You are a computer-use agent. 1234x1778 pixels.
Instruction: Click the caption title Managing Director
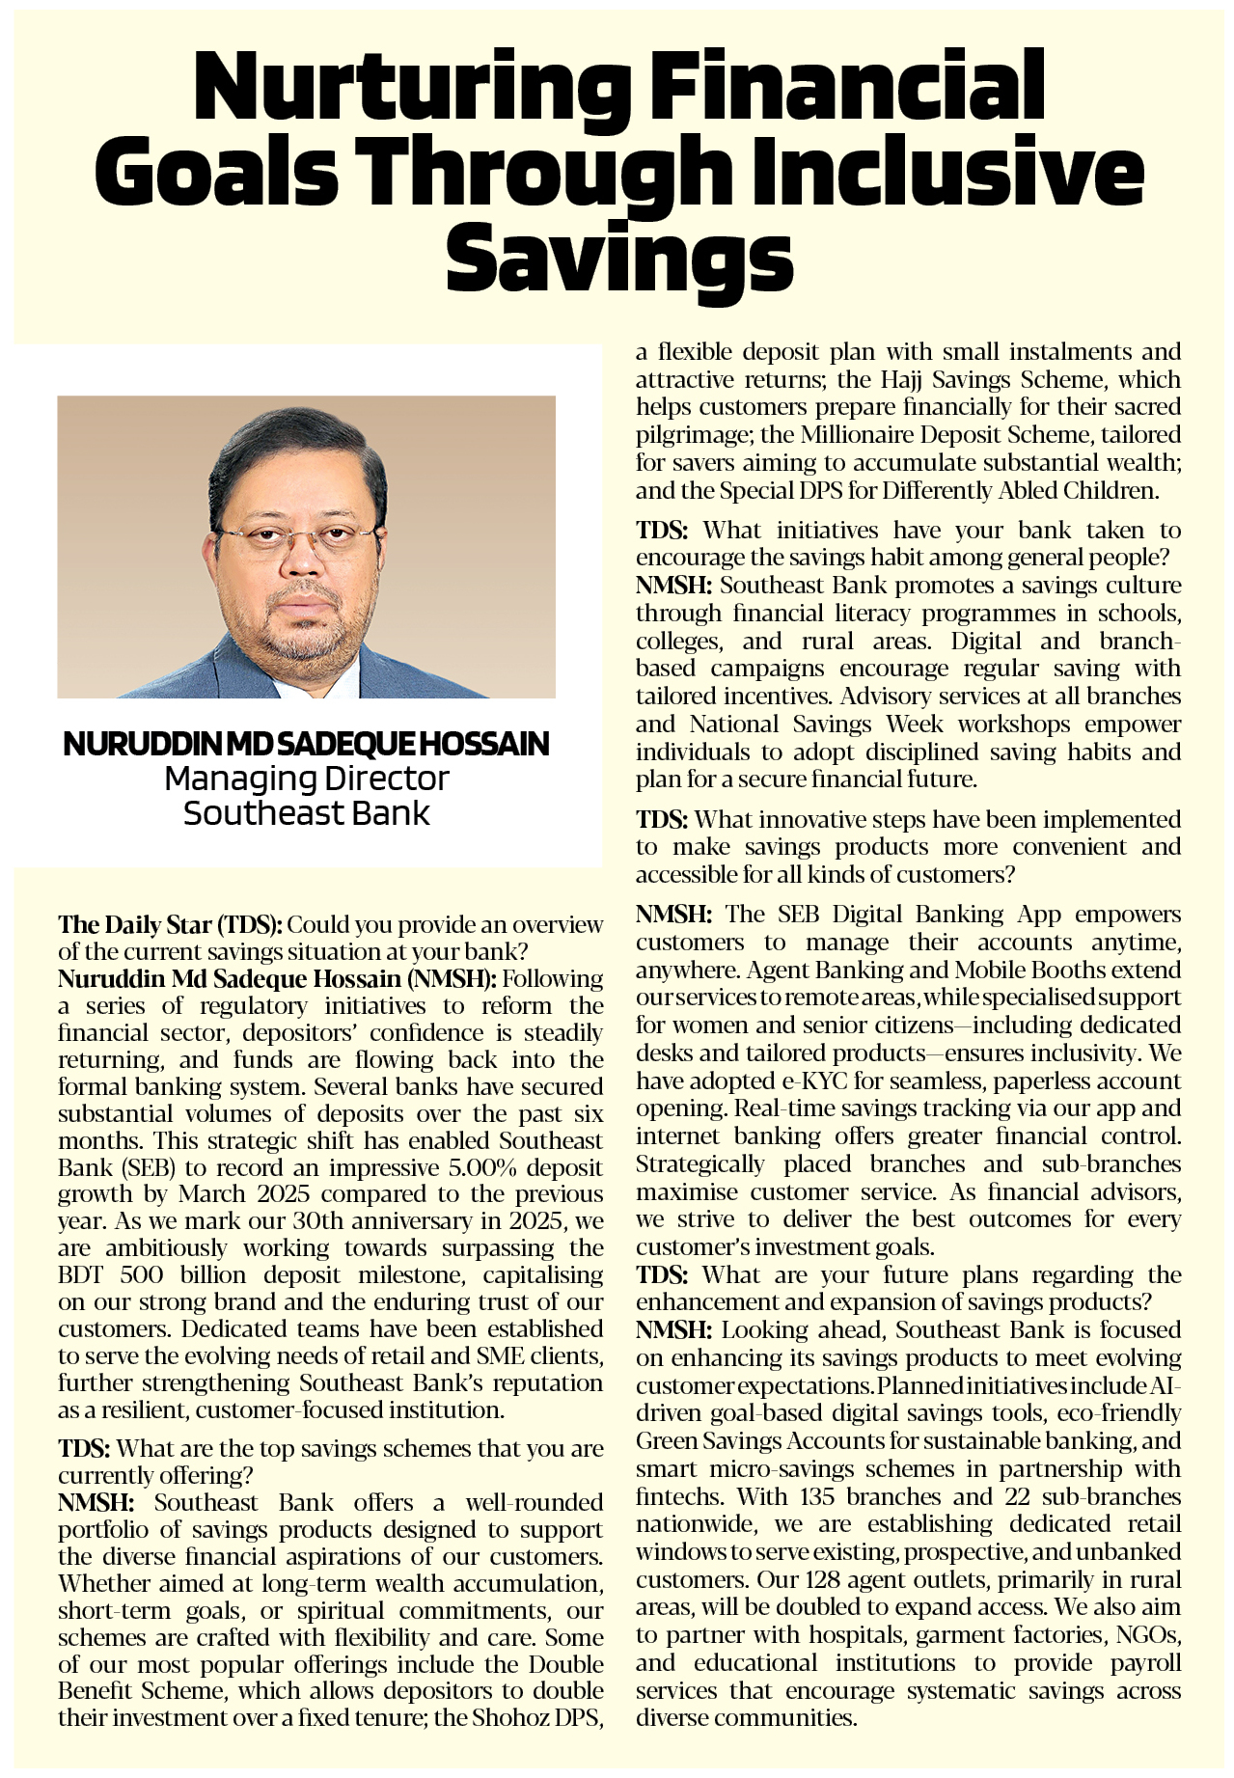[307, 778]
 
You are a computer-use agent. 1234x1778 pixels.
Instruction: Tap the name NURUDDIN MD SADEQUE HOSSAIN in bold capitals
[306, 744]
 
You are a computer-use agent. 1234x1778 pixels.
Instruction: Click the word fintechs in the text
[678, 1496]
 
